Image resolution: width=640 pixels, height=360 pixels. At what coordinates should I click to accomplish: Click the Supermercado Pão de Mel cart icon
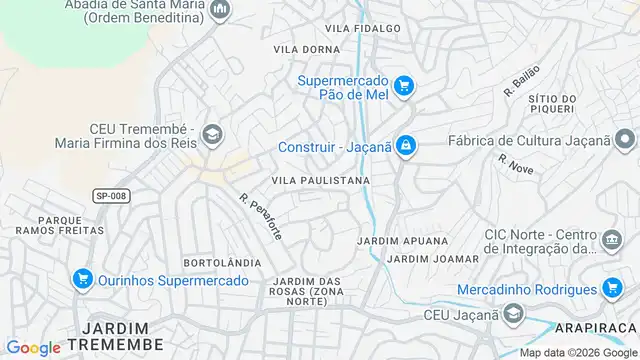(403, 86)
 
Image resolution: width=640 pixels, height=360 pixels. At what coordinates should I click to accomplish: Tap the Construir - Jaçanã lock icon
(404, 147)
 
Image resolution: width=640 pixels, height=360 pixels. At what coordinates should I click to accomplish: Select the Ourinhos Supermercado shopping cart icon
(83, 279)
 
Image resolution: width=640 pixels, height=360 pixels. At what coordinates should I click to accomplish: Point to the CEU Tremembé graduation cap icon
(212, 133)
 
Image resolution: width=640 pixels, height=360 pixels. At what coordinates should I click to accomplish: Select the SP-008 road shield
(110, 196)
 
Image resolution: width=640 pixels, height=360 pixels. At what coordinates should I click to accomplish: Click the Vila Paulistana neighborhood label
(321, 181)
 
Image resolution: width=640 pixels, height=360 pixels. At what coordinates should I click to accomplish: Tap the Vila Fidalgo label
(363, 28)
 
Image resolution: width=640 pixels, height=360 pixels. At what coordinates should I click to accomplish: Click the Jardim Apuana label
(393, 242)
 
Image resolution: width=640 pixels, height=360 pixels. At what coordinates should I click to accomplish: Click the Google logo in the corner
(33, 347)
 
